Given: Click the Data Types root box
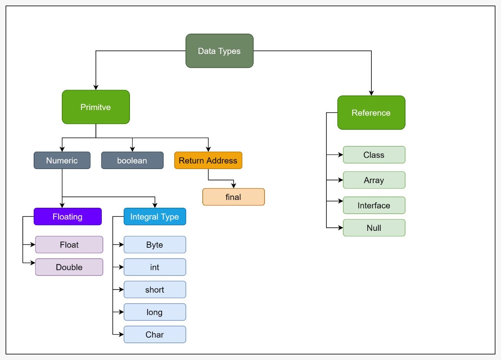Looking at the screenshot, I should tap(219, 51).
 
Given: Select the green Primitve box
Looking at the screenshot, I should tap(96, 107).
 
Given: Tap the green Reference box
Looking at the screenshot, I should tap(371, 113).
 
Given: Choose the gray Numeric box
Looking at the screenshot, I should tap(62, 160).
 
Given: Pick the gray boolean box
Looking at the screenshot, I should tap(132, 160).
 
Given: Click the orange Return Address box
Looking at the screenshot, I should tap(208, 160).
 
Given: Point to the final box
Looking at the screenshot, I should tap(233, 197).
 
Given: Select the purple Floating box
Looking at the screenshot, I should tap(67, 216).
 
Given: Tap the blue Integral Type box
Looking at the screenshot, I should tap(155, 216).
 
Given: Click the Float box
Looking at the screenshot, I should tap(69, 245).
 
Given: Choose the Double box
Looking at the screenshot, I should tap(69, 267).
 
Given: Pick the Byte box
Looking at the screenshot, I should tap(155, 245).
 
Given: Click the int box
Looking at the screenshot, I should tap(155, 267).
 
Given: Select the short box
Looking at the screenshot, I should tap(155, 290).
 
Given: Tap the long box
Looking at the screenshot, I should tap(155, 312).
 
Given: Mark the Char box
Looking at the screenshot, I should tap(155, 335).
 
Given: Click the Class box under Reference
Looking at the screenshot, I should tap(374, 155).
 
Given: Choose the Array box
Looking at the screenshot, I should tap(374, 180).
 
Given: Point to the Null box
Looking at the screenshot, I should tap(374, 228).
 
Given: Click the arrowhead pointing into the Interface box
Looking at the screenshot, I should tap(341, 201).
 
